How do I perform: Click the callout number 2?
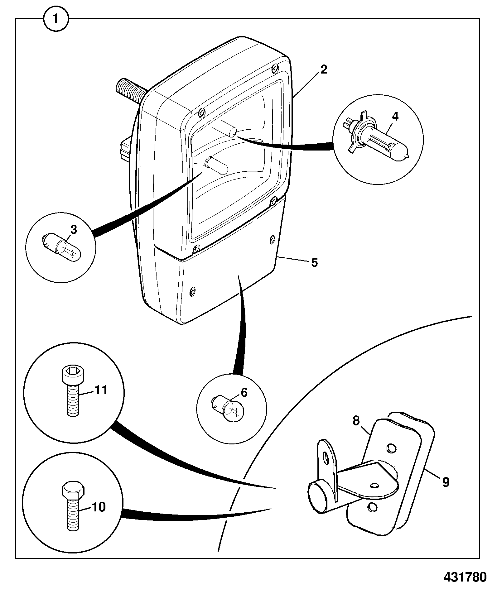(324, 69)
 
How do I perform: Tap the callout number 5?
(314, 262)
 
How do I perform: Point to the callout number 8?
(356, 421)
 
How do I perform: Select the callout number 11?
(100, 390)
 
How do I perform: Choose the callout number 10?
(99, 507)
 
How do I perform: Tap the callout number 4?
(395, 117)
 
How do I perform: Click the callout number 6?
(244, 393)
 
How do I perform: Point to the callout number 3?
(73, 230)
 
